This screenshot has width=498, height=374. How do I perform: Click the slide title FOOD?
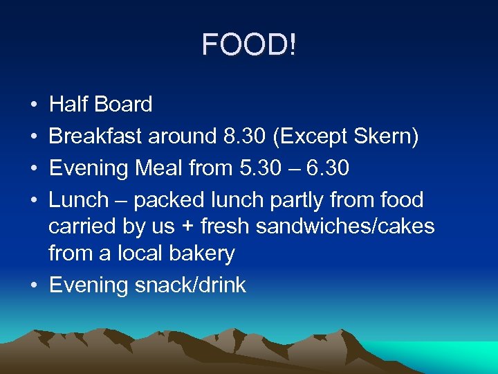pyautogui.click(x=249, y=46)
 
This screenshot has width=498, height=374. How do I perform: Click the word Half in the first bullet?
pyautogui.click(x=67, y=105)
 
